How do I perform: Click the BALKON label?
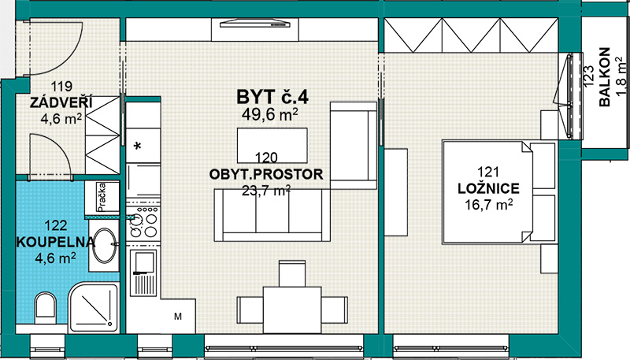[605, 77]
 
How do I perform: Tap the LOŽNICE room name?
[488, 188]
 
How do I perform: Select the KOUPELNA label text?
[55, 242]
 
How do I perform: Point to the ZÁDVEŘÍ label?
[61, 102]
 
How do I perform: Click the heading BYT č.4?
[272, 97]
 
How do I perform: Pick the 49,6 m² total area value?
[269, 114]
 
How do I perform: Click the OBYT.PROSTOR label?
[266, 174]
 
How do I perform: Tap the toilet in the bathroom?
[46, 308]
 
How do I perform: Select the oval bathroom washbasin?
[105, 246]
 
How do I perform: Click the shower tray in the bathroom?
[94, 307]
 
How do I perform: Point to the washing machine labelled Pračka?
[102, 196]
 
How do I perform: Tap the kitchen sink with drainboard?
[143, 273]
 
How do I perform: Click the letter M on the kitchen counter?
[178, 317]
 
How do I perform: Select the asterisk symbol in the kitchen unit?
[137, 147]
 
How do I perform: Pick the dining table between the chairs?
[292, 310]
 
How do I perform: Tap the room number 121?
[488, 172]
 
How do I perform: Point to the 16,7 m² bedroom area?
[488, 205]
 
